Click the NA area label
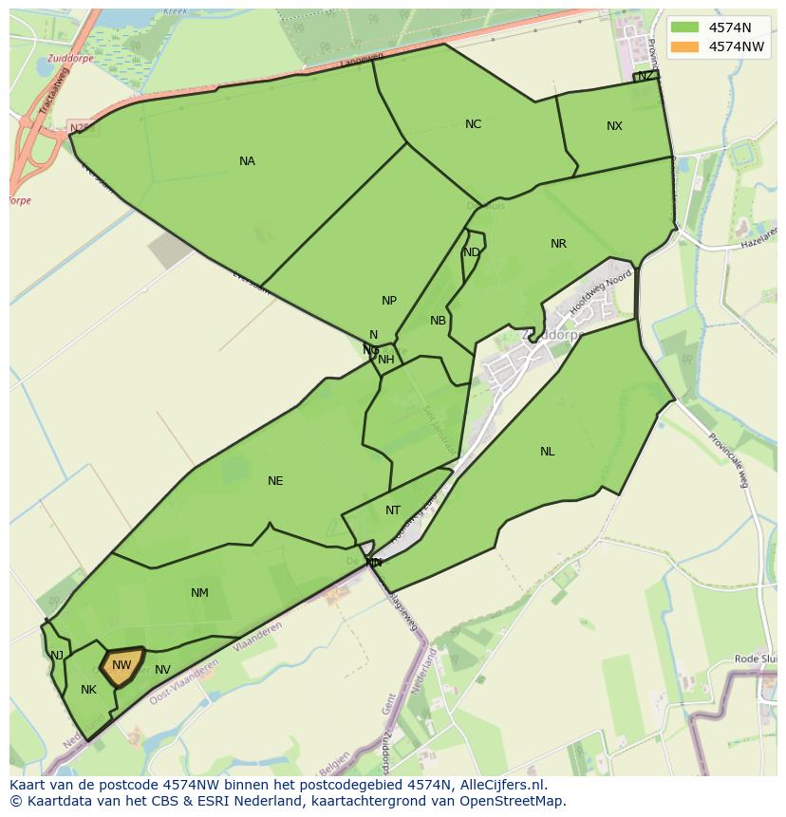coord(247,161)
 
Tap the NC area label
coord(473,124)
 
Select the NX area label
coord(614,126)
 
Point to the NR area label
coord(558,244)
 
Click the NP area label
coord(389,301)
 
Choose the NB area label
coord(438,321)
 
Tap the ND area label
coord(471,252)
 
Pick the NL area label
coord(548,452)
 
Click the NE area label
coord(275,481)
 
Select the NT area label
coord(393,511)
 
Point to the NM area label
coord(199,593)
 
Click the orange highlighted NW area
coord(122,665)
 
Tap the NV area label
coord(162,670)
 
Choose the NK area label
coord(88,690)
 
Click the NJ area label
coord(57,656)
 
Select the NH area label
coord(386,360)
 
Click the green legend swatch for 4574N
coord(683,28)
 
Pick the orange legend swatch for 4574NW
coord(683,46)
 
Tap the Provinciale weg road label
coord(728,460)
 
